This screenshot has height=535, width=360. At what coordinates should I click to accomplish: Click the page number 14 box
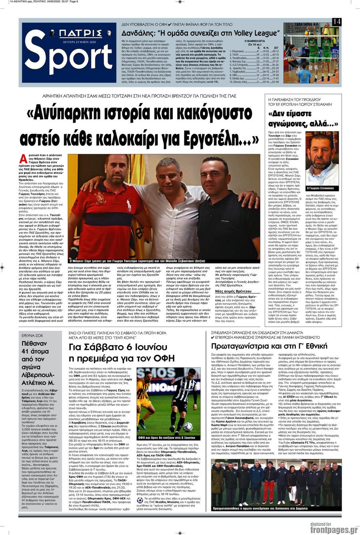click(x=336, y=22)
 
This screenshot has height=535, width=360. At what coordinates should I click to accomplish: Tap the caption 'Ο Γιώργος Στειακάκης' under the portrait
click(x=321, y=188)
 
